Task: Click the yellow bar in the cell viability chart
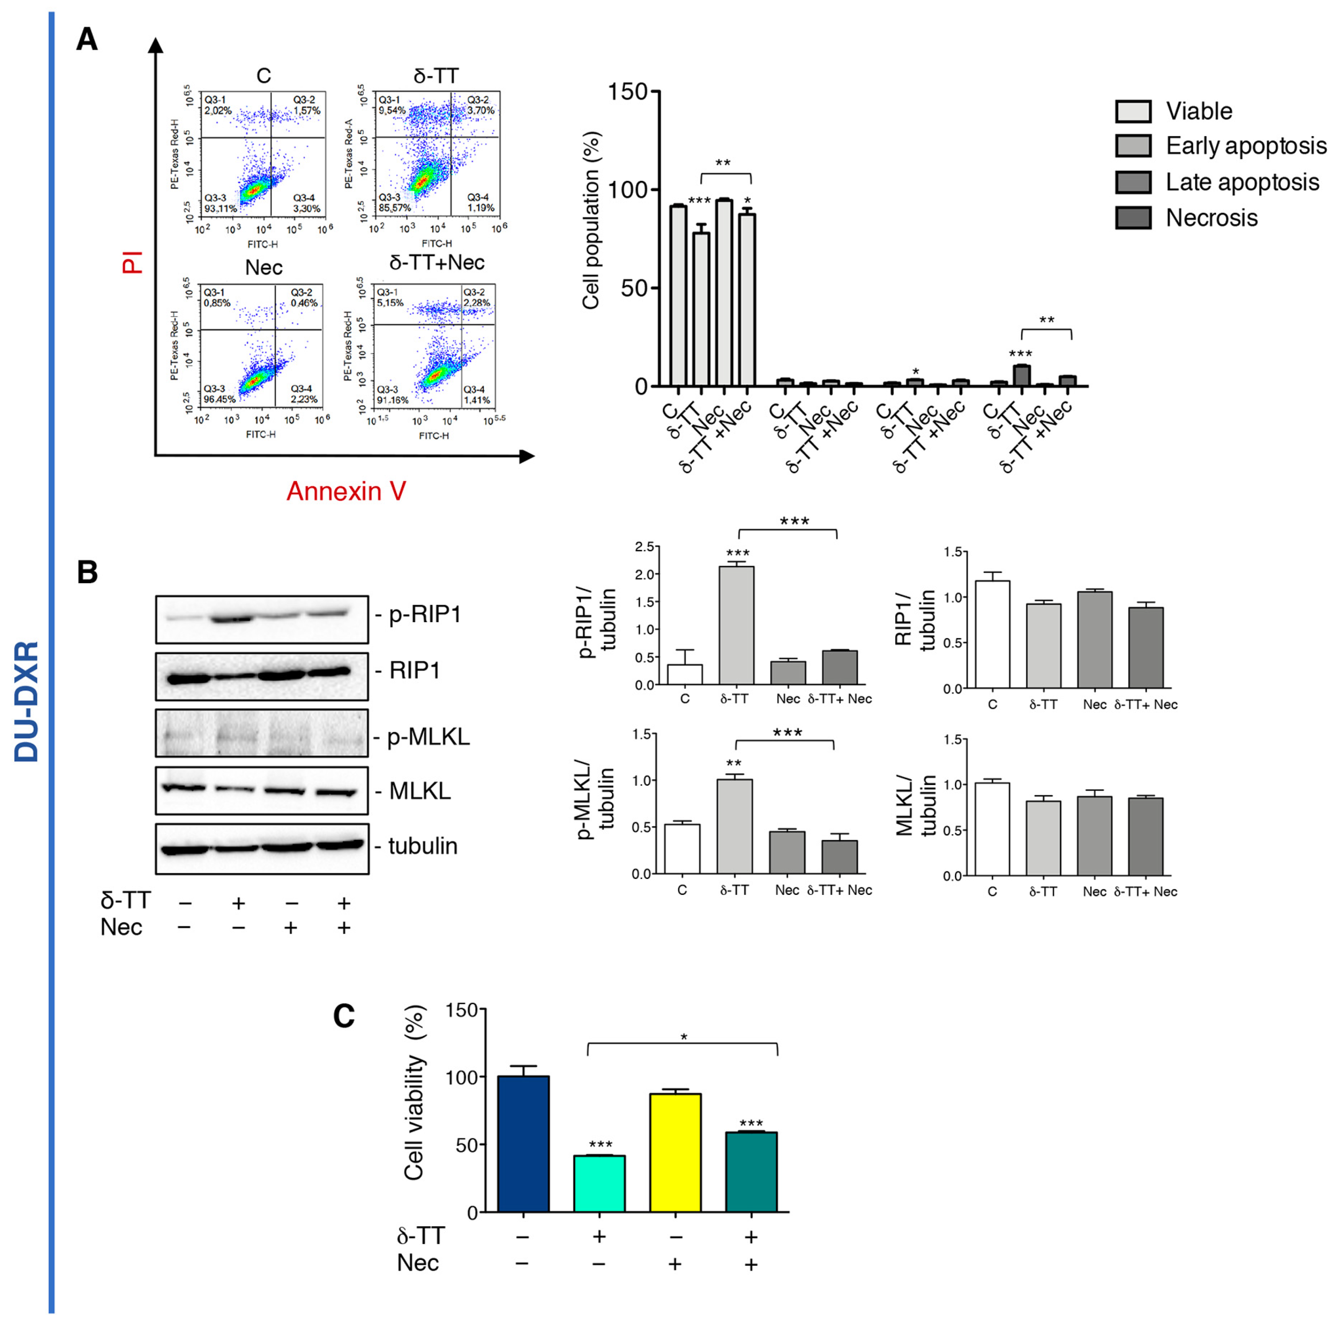675,1153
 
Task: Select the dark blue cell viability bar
523,1144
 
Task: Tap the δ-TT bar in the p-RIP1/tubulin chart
737,626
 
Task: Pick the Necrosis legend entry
1211,218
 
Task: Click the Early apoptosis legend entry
1246,146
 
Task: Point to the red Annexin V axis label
346,491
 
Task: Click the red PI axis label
132,263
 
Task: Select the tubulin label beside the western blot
423,846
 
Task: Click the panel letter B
87,573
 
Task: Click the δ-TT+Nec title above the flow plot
437,263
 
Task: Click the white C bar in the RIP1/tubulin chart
992,634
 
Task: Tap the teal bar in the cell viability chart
751,1172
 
